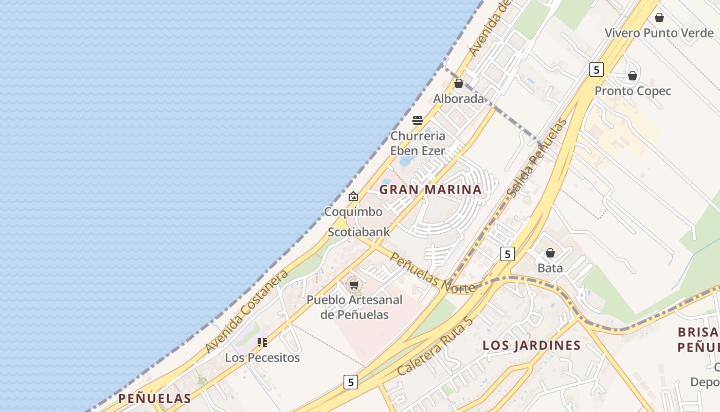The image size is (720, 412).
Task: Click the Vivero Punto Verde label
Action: click(x=659, y=33)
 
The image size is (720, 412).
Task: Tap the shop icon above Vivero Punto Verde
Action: click(x=659, y=18)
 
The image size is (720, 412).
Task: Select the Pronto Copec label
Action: click(x=633, y=91)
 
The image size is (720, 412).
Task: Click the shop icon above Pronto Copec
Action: click(x=633, y=76)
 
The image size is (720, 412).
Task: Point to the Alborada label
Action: click(x=458, y=99)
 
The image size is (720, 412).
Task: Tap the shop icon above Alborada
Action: click(x=459, y=83)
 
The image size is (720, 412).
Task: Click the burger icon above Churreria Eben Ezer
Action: click(x=418, y=121)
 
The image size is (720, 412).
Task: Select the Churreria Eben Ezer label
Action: click(x=418, y=143)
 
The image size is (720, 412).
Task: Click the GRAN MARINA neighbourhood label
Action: click(x=430, y=190)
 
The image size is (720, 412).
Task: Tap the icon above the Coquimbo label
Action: click(x=353, y=196)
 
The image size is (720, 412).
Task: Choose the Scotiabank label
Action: click(x=359, y=232)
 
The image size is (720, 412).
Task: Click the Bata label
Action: click(x=550, y=268)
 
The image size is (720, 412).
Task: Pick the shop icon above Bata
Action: click(x=550, y=253)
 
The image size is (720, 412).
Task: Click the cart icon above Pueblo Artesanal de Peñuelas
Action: click(x=354, y=285)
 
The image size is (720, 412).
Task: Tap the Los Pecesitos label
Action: click(x=262, y=357)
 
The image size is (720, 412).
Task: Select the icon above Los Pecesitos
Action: click(x=262, y=342)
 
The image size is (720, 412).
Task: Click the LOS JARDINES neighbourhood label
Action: click(x=531, y=346)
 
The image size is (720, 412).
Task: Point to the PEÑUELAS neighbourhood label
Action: click(x=154, y=398)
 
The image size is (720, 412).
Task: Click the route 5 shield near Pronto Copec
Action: click(x=596, y=70)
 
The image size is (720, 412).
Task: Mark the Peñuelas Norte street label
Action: click(x=432, y=273)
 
